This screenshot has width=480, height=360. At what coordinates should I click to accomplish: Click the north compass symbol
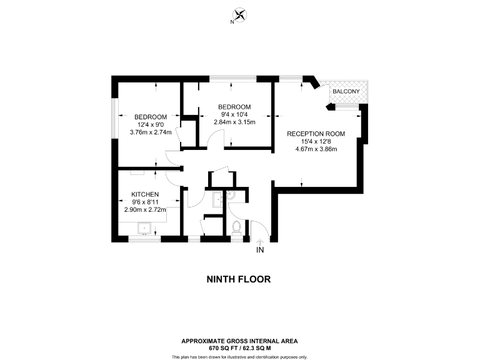point(239,16)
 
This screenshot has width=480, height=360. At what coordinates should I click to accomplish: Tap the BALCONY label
point(346,92)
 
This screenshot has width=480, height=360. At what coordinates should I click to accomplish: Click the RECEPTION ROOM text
point(316,133)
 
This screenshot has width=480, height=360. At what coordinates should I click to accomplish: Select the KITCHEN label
point(145,194)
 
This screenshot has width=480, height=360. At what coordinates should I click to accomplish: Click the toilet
point(237,227)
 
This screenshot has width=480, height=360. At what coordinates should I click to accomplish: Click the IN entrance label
point(261,251)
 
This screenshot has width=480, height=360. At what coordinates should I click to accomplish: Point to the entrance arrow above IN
point(261,241)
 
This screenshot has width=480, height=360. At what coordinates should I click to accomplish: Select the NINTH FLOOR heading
point(239,279)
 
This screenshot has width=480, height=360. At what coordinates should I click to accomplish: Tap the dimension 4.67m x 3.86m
point(316,149)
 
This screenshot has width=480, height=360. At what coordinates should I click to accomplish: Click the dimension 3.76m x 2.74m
point(151,132)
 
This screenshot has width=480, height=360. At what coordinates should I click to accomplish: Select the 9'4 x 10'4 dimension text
point(234,114)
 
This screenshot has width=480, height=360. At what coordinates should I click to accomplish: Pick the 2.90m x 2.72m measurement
point(145,210)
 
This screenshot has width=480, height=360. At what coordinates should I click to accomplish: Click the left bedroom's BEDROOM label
point(151,117)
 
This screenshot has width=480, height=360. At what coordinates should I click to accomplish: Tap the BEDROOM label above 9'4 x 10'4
point(234,106)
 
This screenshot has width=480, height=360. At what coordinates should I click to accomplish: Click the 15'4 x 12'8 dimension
point(316,141)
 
